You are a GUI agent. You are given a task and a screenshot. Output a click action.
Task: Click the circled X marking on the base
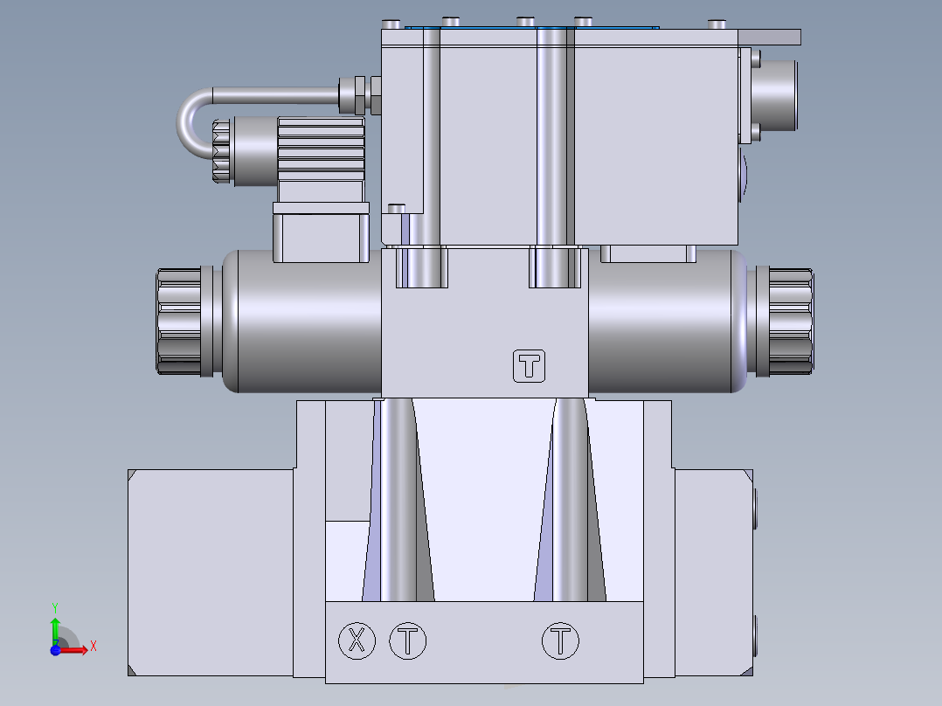357,641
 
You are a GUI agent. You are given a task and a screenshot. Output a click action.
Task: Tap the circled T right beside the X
407,641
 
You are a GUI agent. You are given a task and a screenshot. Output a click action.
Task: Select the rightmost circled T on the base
560,641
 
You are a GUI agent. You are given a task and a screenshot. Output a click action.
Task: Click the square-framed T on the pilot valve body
529,366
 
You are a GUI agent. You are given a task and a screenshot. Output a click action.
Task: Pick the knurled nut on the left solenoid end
180,322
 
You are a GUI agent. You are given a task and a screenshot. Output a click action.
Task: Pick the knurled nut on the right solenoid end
789,322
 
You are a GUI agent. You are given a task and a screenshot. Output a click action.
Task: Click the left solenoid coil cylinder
301,322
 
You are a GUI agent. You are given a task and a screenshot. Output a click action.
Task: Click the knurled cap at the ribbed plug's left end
221,152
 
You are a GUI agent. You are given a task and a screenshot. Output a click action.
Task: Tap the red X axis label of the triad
93,646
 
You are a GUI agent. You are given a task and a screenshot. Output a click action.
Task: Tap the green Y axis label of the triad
54,606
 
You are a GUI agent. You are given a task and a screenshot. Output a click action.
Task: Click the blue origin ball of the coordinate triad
55,650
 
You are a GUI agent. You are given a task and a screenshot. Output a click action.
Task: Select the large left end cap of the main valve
210,572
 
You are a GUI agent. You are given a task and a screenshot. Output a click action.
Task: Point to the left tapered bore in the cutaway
398,507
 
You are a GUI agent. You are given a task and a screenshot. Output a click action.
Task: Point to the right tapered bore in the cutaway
570,507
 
